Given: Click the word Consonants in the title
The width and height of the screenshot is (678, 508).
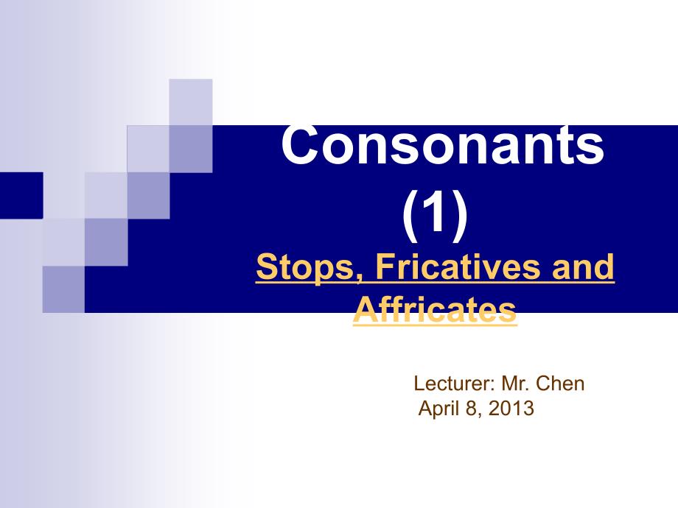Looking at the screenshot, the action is [442, 145].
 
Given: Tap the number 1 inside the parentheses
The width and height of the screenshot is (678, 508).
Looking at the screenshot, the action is [436, 212].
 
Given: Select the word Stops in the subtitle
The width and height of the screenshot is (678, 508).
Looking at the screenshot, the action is [305, 268].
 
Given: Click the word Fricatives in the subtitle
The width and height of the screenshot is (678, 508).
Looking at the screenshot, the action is [458, 267].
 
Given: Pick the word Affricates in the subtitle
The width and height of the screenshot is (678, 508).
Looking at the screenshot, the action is [435, 310].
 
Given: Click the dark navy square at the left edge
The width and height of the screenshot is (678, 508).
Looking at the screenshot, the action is [21, 195].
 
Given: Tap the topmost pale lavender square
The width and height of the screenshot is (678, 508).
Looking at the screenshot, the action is [191, 102].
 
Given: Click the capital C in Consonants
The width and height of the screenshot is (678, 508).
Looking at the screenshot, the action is [301, 145].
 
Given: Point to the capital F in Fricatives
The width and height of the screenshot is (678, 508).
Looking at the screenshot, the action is [385, 267].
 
